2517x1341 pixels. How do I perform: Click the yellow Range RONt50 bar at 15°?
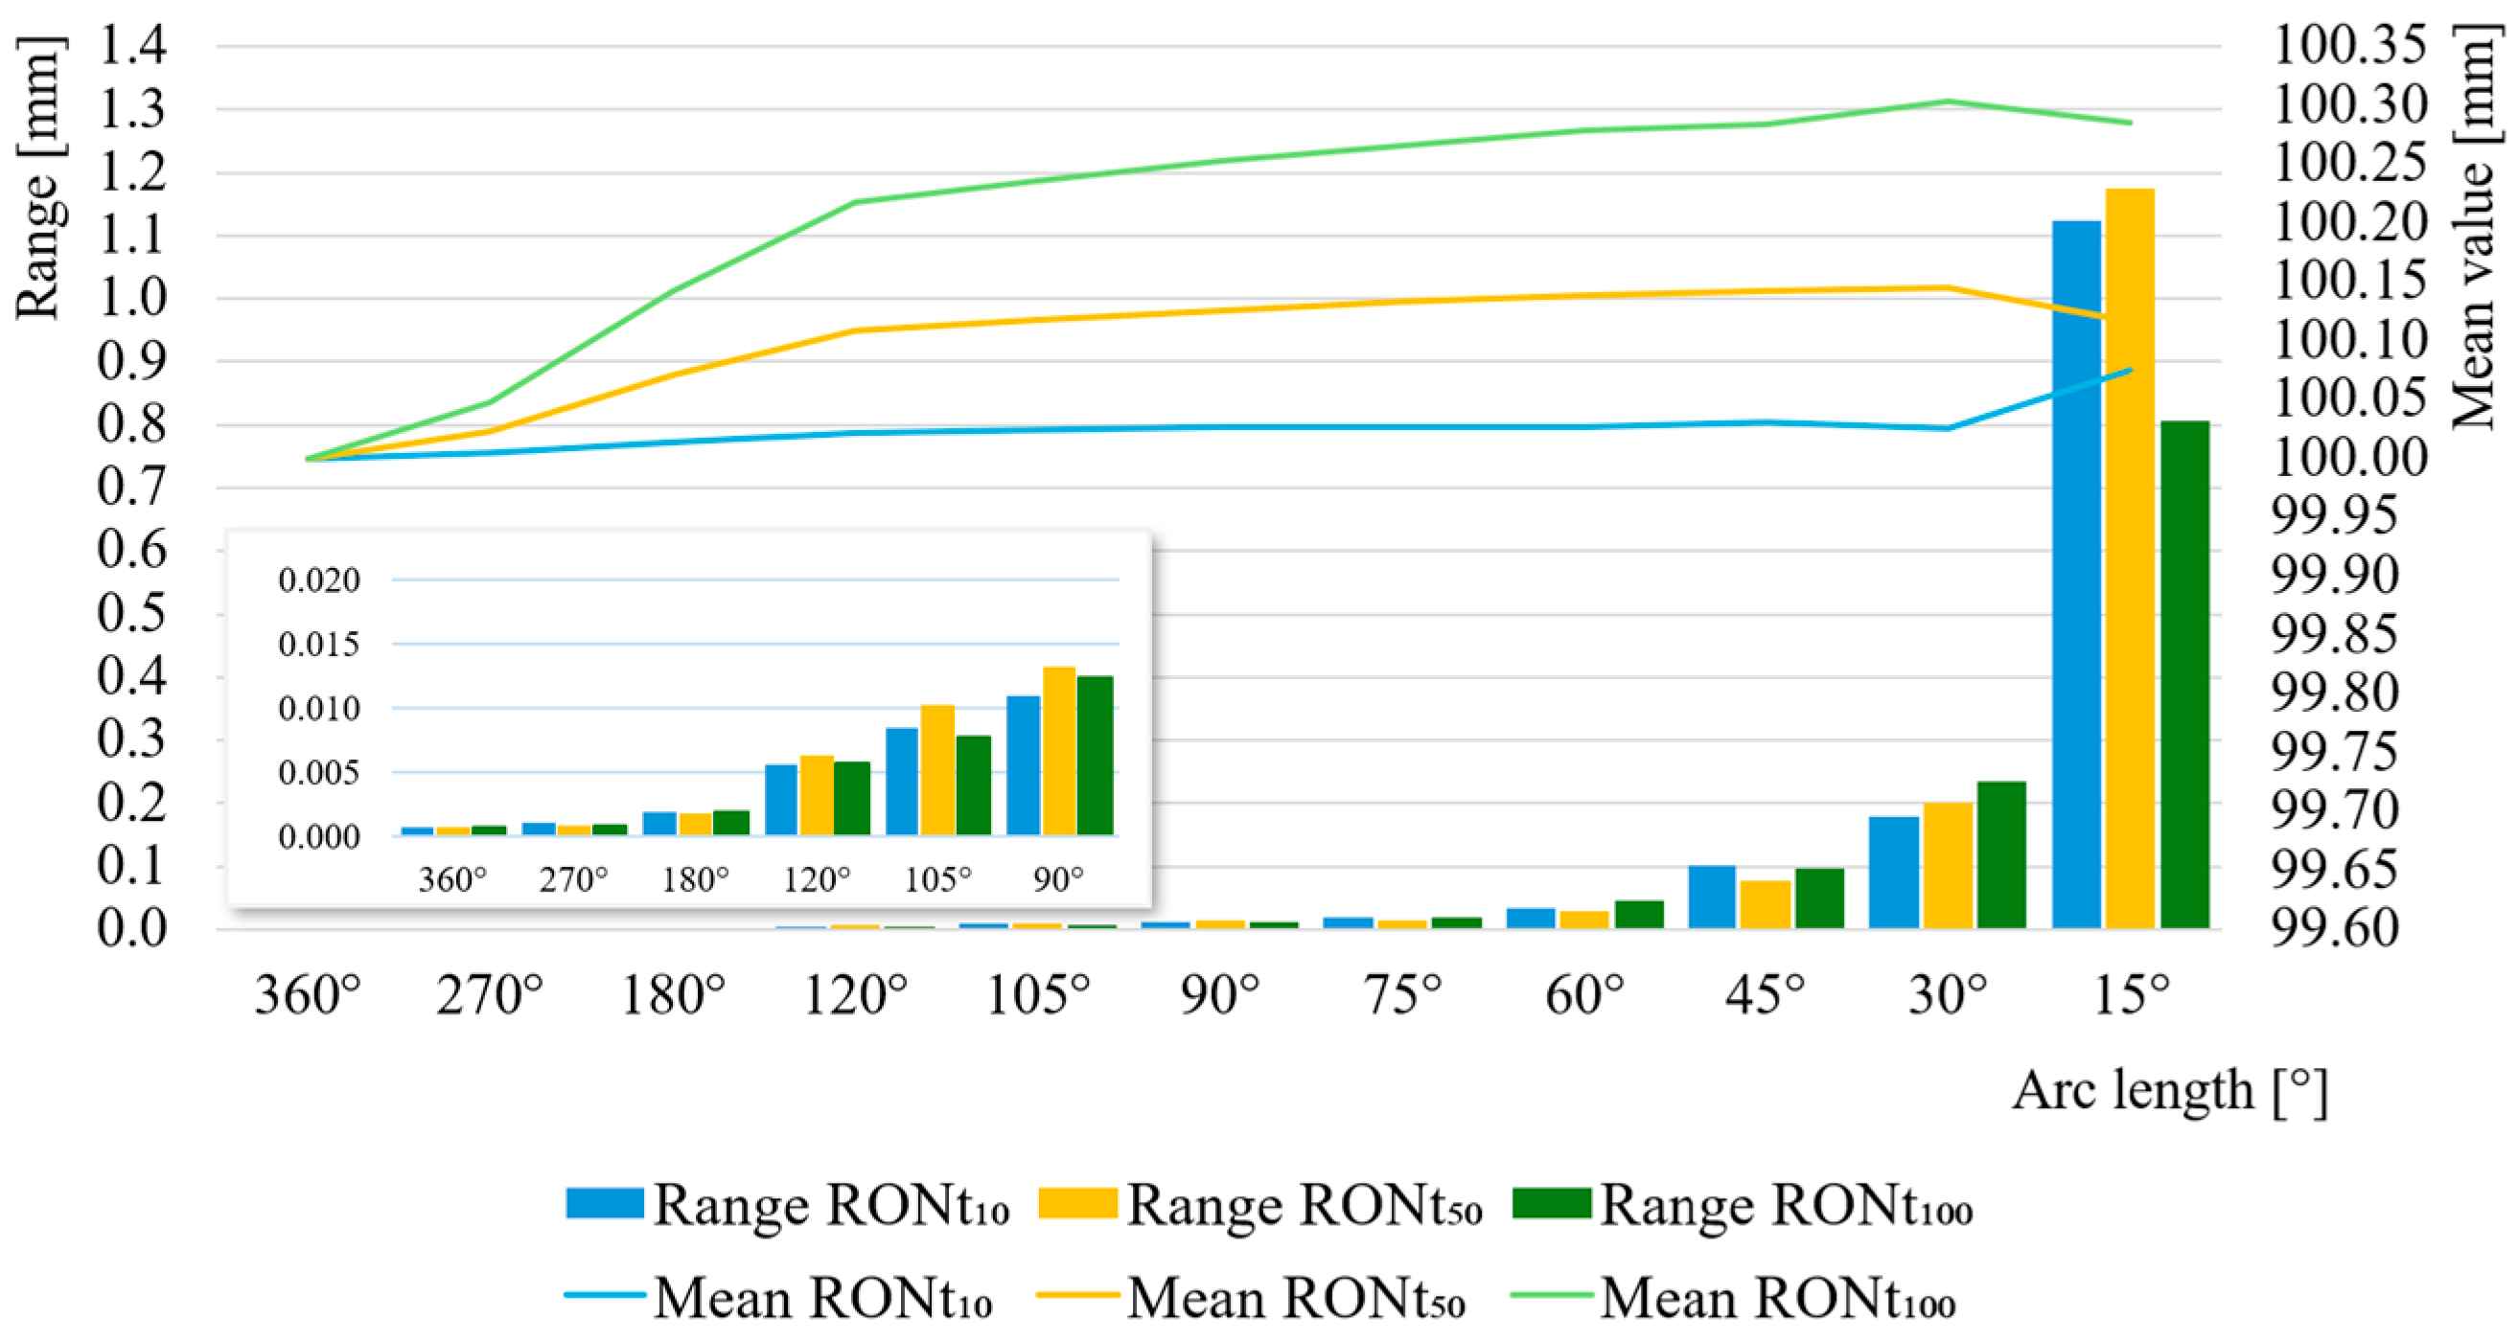(2129, 557)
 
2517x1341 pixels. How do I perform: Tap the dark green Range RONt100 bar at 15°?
(2183, 674)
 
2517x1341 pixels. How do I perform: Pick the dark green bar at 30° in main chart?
(2001, 853)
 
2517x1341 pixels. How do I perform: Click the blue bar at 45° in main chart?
(1711, 896)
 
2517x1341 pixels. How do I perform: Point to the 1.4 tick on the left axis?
(132, 45)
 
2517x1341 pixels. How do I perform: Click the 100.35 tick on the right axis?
(2350, 45)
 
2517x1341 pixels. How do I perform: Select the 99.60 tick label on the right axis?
(2334, 928)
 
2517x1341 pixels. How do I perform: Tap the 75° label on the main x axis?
(1402, 996)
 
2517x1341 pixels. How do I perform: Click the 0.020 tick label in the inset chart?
(318, 580)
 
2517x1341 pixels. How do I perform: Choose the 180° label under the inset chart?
(695, 880)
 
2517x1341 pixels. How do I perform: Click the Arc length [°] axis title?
(2169, 1091)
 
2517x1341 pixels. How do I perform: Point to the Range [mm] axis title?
(39, 176)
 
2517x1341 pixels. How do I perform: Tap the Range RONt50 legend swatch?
(1076, 1203)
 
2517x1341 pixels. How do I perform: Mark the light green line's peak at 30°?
(1947, 101)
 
